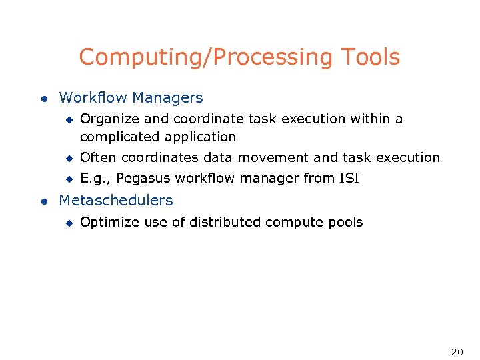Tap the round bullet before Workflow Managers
click(x=43, y=99)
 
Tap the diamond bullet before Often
click(x=67, y=158)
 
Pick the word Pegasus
click(x=145, y=179)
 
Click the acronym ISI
click(x=347, y=179)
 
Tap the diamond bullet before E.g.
click(x=67, y=179)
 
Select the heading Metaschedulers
click(x=116, y=201)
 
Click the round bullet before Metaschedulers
click(x=43, y=201)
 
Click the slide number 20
click(x=457, y=352)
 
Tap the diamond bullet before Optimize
click(x=67, y=223)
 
